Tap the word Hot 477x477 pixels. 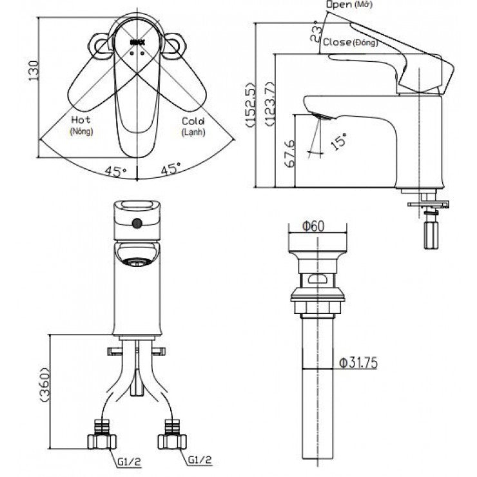pos(81,120)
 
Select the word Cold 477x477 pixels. pos(193,121)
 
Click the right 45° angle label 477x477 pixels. pos(171,170)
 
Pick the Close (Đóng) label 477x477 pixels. pos(350,43)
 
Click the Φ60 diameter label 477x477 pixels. pos(314,226)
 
